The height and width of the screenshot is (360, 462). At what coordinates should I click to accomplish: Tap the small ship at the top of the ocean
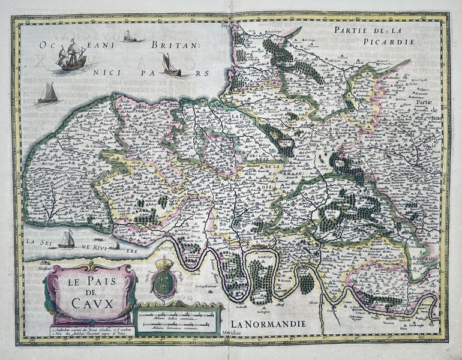click(129, 37)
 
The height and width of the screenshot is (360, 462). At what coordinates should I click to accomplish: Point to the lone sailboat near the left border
click(48, 93)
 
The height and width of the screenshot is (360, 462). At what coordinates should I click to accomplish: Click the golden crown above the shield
click(163, 263)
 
